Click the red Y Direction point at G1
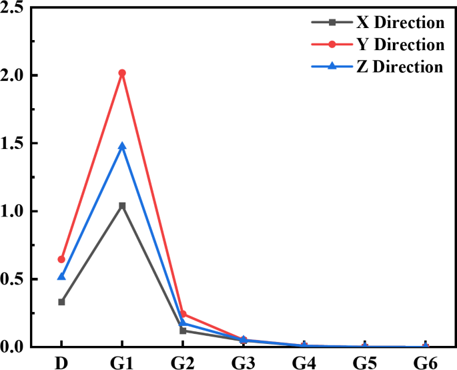point(122,73)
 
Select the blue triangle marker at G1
point(122,146)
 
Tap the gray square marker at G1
point(122,206)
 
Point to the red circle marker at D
point(61,259)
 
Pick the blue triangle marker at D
point(61,276)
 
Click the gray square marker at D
point(61,302)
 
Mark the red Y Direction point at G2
point(183,314)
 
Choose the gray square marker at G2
point(183,331)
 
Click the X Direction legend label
point(400,23)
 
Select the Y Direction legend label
point(400,45)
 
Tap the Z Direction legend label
point(400,67)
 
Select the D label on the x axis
point(61,361)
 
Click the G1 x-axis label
point(122,361)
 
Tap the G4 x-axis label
point(304,361)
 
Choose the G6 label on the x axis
point(426,361)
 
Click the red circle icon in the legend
point(332,45)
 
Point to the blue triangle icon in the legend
point(332,66)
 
